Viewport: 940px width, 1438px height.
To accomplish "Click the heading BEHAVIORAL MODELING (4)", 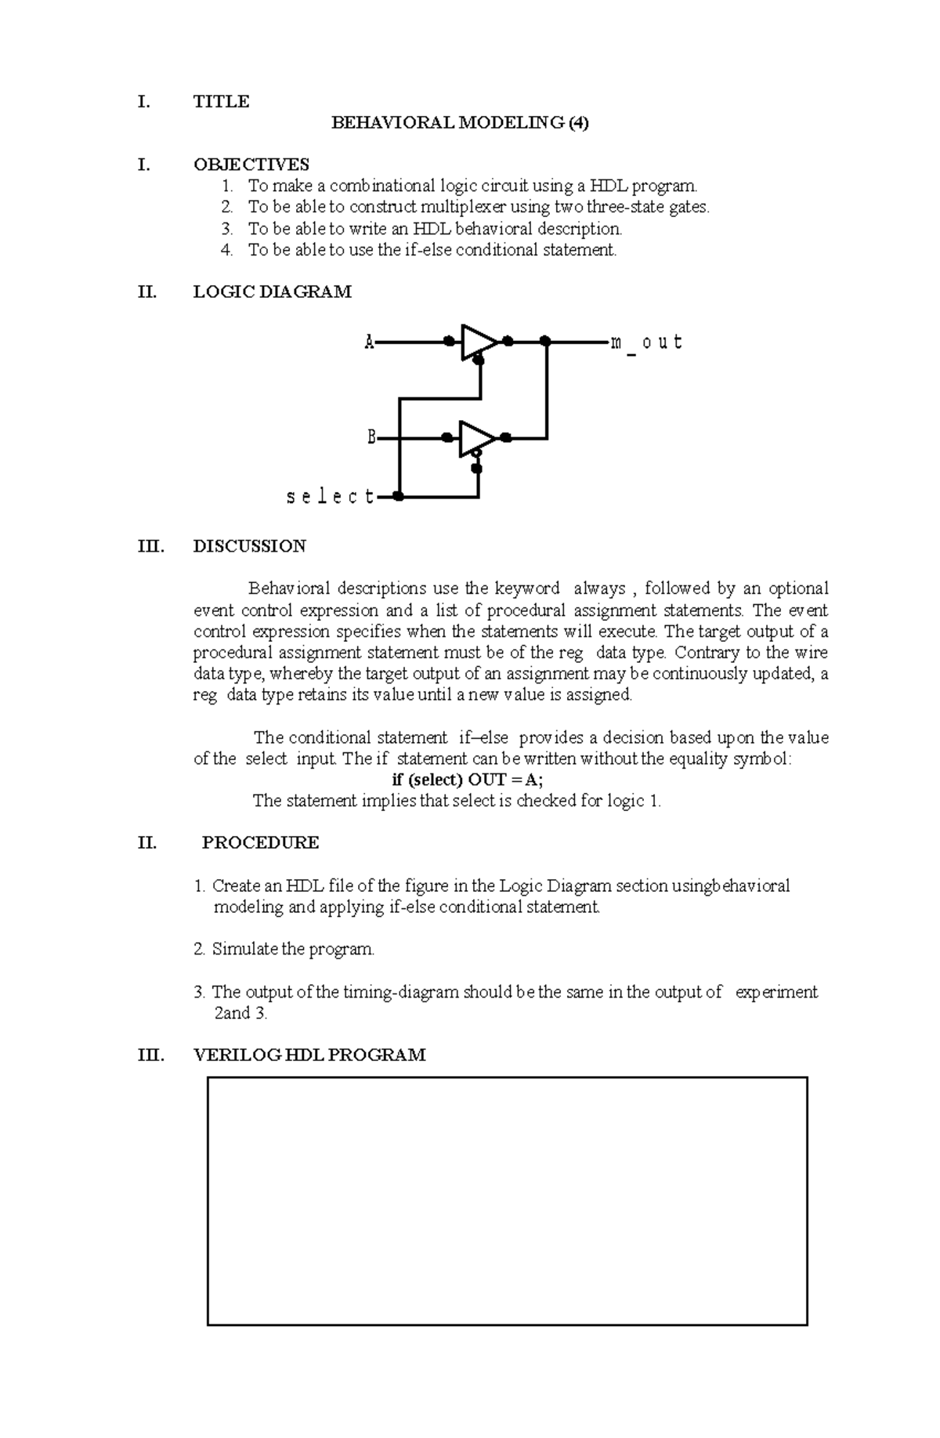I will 460,123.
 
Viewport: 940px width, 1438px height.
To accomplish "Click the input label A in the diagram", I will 369,342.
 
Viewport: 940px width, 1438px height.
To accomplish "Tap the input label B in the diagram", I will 372,437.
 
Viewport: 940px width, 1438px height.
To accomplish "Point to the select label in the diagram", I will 330,497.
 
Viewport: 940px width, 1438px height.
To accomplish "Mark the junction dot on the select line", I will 398,497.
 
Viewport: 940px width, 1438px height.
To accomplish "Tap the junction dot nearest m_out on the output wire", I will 546,342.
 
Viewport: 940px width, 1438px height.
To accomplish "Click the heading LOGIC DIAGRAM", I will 272,292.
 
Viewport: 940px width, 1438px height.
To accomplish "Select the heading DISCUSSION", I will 249,546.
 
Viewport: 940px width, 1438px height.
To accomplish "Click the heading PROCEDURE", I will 260,843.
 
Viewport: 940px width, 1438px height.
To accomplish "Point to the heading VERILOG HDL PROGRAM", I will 309,1055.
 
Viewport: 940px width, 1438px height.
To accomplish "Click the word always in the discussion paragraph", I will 599,589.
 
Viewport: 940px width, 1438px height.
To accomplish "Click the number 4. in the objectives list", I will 226,250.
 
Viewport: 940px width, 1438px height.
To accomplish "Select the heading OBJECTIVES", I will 251,165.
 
